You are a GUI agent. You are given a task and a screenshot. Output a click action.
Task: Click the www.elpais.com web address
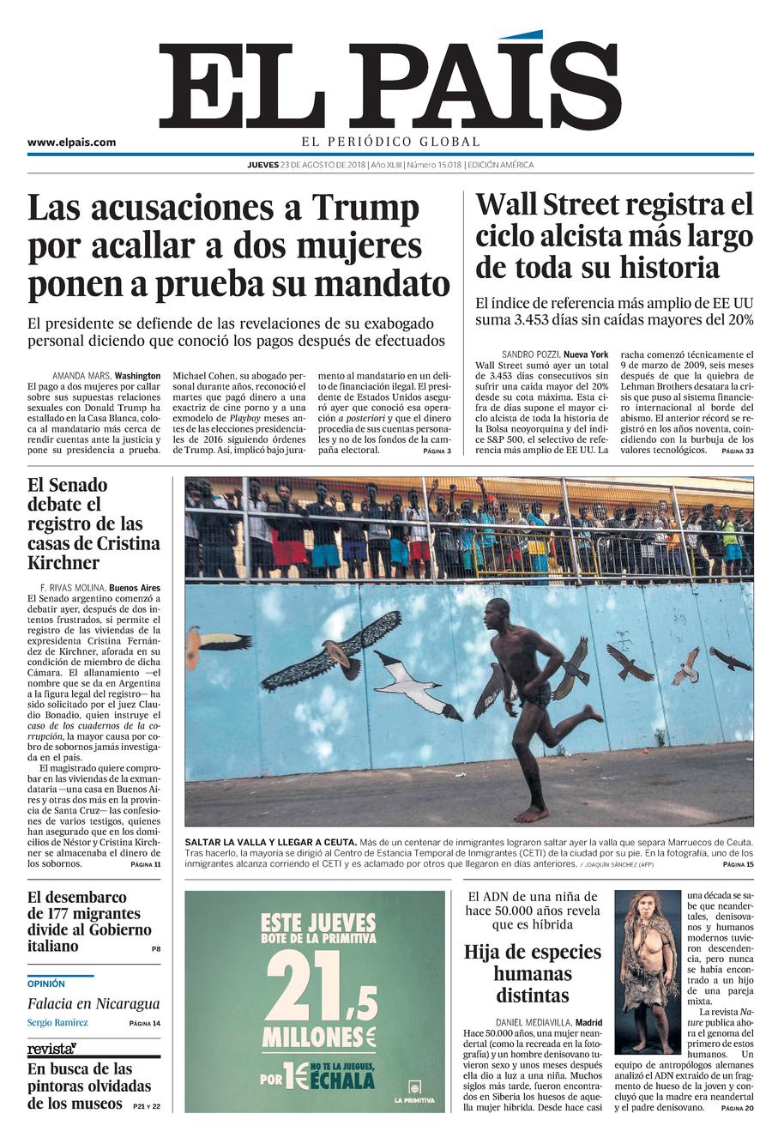point(71,142)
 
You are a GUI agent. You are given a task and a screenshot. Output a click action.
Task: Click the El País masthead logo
point(390,86)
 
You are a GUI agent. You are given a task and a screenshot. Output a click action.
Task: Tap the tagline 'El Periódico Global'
point(390,142)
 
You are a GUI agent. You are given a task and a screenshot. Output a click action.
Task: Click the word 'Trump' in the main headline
point(365,209)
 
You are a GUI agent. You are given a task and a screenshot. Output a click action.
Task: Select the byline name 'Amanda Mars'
point(81,376)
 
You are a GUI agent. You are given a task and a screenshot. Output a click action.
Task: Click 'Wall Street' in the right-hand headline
point(549,205)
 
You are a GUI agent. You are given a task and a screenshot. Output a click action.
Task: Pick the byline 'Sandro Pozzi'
point(530,354)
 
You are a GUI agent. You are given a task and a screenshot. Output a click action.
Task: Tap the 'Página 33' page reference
point(737,451)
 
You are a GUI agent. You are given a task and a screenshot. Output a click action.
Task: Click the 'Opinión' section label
point(46,984)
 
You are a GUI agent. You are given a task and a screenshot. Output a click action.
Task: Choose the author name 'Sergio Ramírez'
point(57,1022)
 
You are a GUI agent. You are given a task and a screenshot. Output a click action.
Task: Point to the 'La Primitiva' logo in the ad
point(414,1091)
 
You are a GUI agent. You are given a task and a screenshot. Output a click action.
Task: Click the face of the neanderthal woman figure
point(645,907)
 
